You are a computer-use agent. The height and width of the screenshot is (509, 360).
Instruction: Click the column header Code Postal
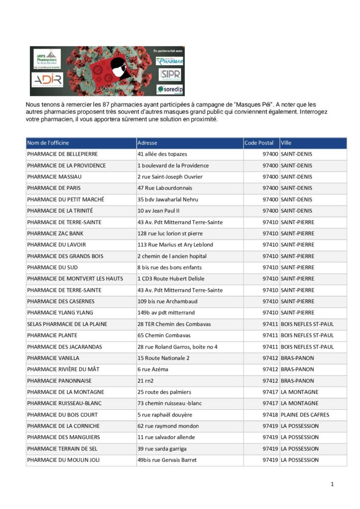point(259,143)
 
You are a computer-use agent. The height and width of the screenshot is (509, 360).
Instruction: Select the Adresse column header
point(147,143)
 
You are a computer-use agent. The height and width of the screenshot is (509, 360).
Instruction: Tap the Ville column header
point(286,143)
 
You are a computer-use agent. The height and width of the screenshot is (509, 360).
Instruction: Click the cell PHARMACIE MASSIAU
point(54,177)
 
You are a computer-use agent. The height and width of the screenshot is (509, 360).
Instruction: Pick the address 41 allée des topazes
point(162,154)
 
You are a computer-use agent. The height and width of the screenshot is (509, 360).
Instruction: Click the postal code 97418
point(270,415)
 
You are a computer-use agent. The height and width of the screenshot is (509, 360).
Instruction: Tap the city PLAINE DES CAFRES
point(305,415)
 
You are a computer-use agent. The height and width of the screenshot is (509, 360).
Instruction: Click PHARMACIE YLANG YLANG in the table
point(60,313)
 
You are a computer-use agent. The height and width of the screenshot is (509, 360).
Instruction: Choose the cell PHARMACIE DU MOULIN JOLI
point(63,460)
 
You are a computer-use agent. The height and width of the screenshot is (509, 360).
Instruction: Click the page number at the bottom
point(332,484)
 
